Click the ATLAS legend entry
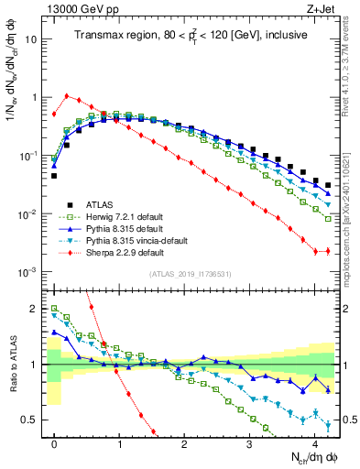pyautogui.click(x=87, y=204)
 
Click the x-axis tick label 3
pyautogui.click(x=249, y=442)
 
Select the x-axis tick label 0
pyautogui.click(x=55, y=442)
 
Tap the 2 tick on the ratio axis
pyautogui.click(x=35, y=309)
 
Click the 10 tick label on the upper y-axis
pyautogui.click(x=30, y=39)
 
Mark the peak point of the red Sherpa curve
pyautogui.click(x=67, y=94)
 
